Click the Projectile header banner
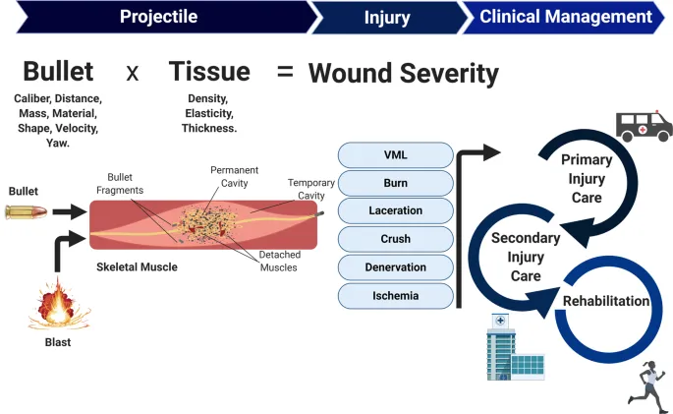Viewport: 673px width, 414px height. point(157,17)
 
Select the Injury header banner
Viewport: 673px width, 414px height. point(387,18)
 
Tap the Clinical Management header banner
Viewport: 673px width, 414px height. point(565,17)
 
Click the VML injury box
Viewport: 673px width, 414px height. point(395,155)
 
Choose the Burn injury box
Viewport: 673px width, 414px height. point(395,183)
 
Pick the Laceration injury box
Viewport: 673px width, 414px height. point(395,210)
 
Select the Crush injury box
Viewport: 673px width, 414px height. point(395,239)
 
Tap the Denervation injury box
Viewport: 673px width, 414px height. point(395,266)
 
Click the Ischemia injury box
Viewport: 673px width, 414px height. point(395,295)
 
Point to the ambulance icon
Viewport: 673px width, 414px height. point(644,125)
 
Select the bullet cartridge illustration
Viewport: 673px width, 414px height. point(25,210)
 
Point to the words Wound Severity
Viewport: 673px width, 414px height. point(403,74)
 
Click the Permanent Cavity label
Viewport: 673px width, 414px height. point(235,177)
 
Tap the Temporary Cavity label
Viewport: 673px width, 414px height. point(310,189)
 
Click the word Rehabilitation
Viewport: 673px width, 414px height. point(605,301)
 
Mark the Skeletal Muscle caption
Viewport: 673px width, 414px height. point(137,266)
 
